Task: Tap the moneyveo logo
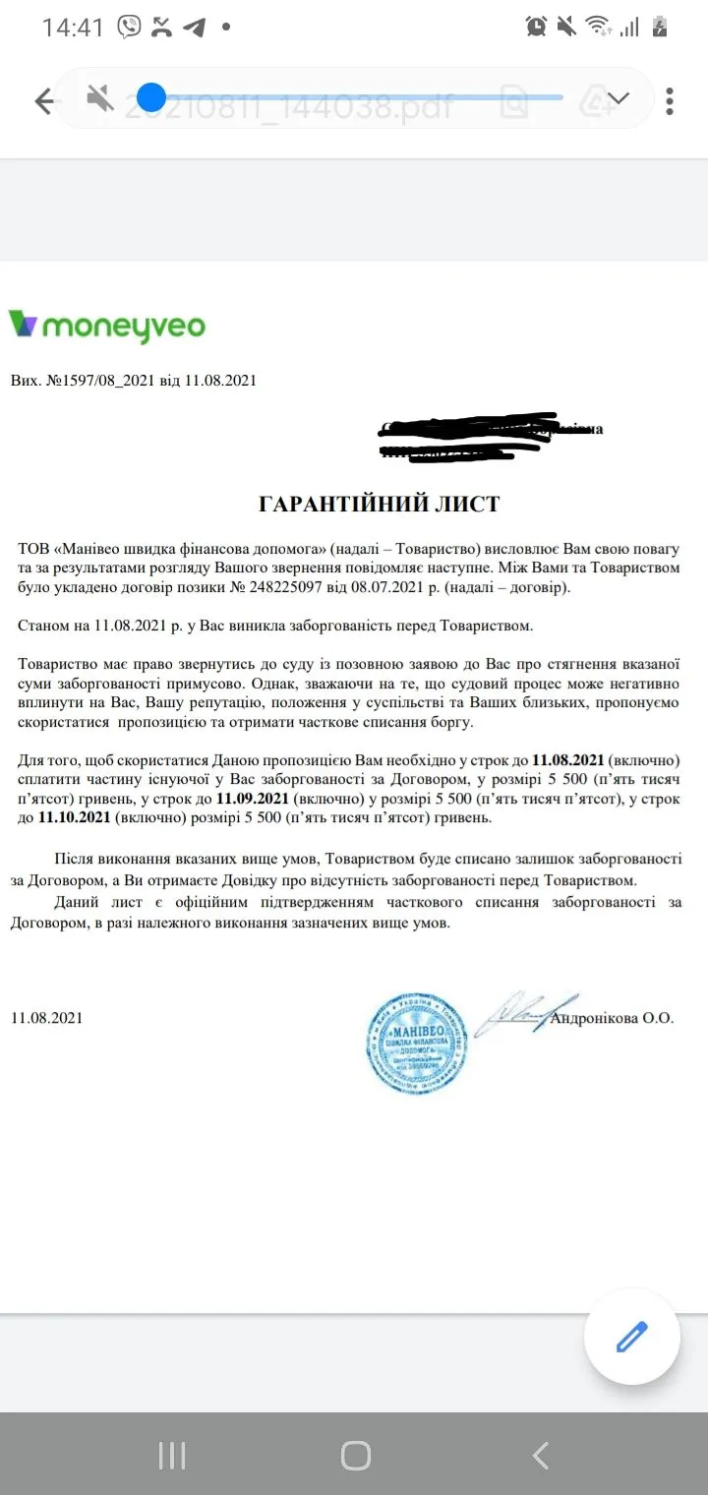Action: point(107,325)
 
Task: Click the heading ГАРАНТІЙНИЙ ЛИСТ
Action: point(379,505)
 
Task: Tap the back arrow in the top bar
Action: point(43,101)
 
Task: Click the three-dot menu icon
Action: point(670,101)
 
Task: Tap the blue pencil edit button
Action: point(631,1338)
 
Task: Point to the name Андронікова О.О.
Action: point(613,1018)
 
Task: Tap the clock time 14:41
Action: point(72,28)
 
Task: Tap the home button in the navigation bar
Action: point(355,1456)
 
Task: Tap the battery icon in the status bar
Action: point(660,27)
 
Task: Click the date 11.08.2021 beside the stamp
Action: point(47,1018)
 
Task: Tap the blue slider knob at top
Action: point(151,97)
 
